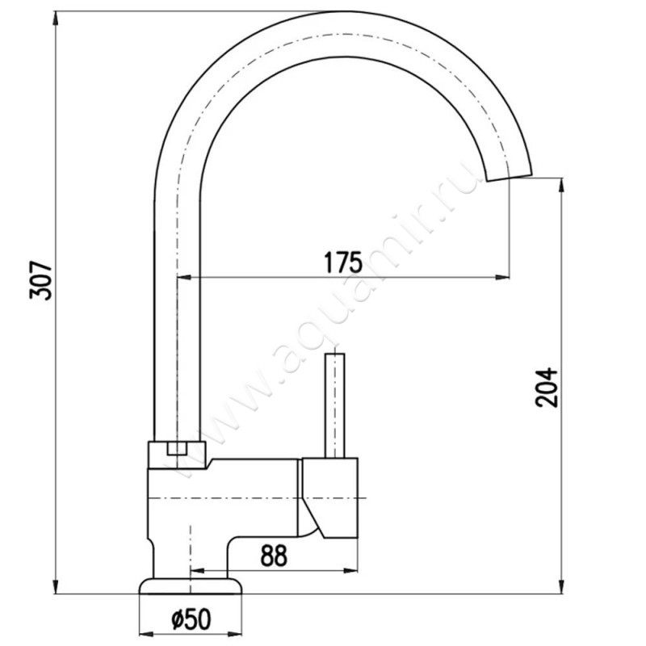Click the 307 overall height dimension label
point(41,280)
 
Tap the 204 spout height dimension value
point(547,388)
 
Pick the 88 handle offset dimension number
point(274,556)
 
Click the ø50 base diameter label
point(191,619)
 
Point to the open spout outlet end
point(510,176)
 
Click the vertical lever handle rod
point(334,405)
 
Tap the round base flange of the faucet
point(191,586)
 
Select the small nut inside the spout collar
point(177,448)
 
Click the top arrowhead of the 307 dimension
point(56,19)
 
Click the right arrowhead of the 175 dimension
point(501,277)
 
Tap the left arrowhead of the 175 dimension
point(185,277)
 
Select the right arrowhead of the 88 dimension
point(350,571)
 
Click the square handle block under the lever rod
point(329,497)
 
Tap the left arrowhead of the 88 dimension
point(198,571)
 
